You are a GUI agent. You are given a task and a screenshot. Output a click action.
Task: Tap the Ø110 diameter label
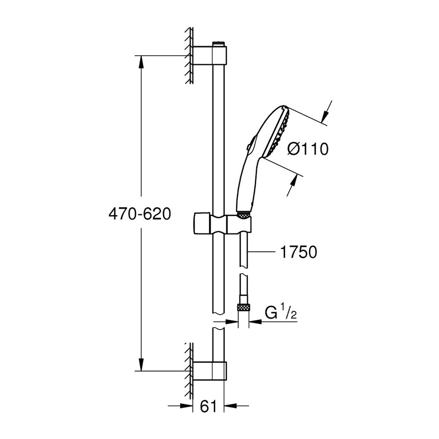[307, 149]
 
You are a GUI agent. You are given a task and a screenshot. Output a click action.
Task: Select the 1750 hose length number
[299, 252]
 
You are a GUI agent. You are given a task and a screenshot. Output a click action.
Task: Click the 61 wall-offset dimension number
[209, 406]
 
